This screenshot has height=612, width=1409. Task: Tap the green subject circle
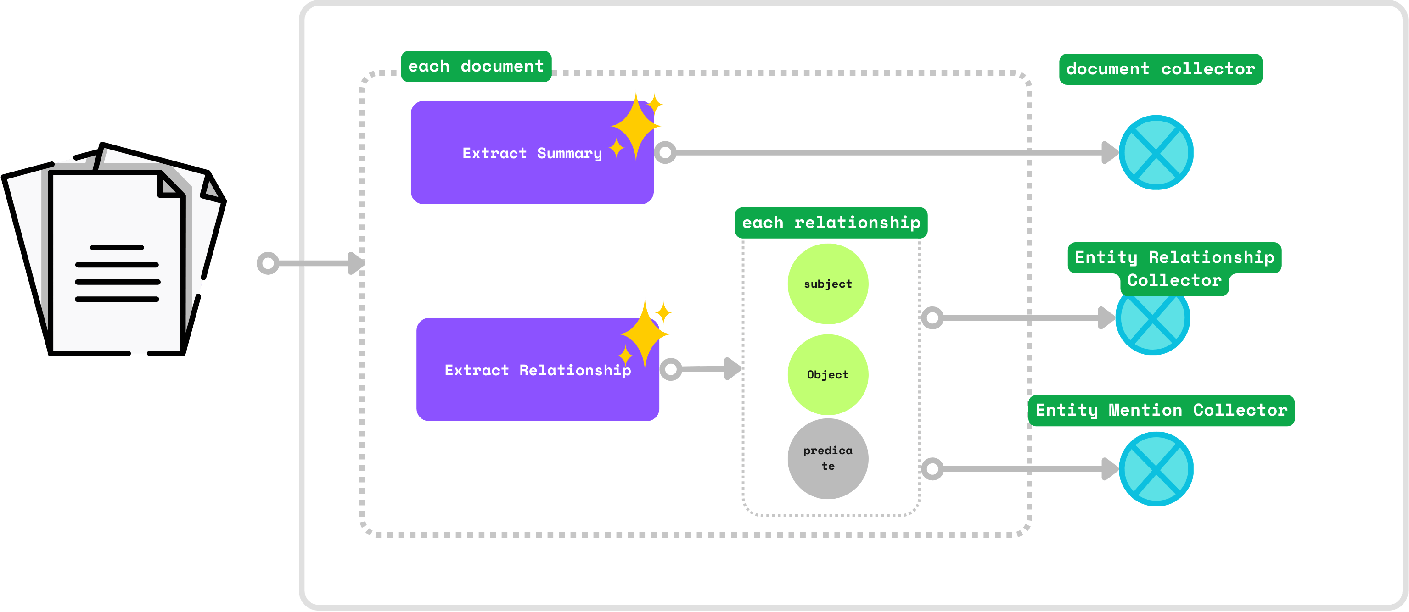coord(828,284)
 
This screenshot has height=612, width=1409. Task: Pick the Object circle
coord(828,374)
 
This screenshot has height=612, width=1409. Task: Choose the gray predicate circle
coord(828,458)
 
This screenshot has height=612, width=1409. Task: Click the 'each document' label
coord(476,67)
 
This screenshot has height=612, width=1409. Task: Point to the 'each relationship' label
coord(831,223)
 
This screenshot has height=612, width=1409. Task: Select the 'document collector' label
coord(1160,69)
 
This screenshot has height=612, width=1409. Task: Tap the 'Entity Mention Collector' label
coord(1161,410)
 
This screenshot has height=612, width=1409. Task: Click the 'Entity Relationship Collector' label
coord(1174,268)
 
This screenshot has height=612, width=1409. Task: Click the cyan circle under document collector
coord(1156,152)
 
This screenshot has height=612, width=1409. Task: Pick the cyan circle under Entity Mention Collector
coord(1156,469)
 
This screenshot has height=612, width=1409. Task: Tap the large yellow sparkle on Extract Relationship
coord(645,334)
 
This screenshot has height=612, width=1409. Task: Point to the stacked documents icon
coord(115,251)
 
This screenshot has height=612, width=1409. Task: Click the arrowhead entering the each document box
coord(357,263)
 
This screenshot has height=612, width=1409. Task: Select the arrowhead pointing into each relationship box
coord(732,369)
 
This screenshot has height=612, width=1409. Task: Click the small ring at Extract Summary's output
coord(665,152)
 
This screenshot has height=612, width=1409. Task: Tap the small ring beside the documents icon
coord(268,263)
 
